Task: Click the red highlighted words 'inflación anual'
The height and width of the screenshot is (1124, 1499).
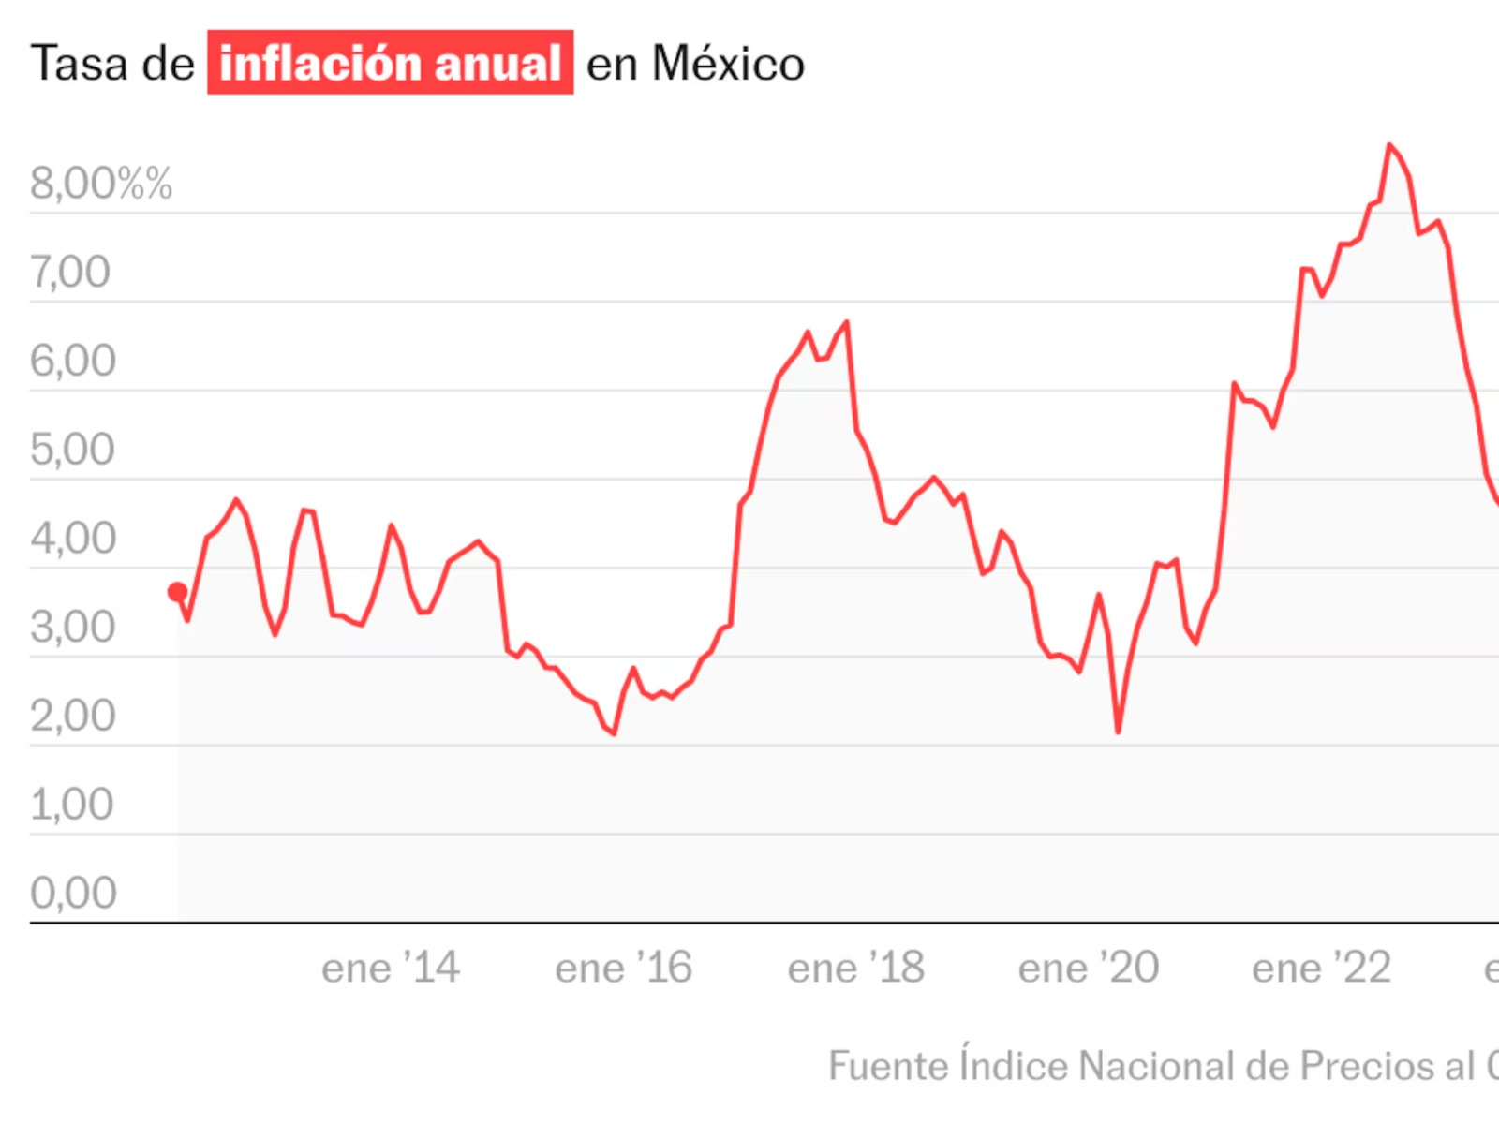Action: coord(390,63)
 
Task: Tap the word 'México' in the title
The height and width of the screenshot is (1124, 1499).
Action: coord(728,64)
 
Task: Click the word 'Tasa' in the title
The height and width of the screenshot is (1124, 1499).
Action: coord(79,64)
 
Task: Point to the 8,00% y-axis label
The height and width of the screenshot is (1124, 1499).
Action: coord(100,183)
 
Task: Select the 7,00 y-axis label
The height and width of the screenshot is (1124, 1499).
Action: coord(70,272)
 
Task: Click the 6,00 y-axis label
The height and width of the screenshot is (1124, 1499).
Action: coord(73,361)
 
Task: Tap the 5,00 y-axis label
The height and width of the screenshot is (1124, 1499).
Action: coord(72,450)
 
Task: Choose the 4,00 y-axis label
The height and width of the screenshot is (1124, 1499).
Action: coord(73,539)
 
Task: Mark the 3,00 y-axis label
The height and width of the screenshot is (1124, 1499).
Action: coord(72,627)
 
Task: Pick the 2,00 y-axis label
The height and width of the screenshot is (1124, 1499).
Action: coord(72,716)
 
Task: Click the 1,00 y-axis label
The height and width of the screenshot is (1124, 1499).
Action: coord(71,804)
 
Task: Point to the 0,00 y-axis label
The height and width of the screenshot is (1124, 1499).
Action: coord(73,892)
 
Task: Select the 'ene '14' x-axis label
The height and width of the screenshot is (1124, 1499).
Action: coord(391,968)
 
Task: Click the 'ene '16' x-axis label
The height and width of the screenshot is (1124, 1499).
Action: coord(623,968)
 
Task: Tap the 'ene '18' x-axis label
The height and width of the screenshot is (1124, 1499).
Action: coord(855,968)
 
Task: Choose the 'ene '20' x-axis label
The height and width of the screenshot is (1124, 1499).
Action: coord(1089,968)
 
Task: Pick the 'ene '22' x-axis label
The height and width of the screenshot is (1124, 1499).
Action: coord(1321,968)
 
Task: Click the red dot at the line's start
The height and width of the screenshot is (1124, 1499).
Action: coord(177,592)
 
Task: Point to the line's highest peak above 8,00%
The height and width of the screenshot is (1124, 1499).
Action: coord(1389,145)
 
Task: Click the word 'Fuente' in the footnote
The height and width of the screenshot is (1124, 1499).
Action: coord(887,1066)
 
